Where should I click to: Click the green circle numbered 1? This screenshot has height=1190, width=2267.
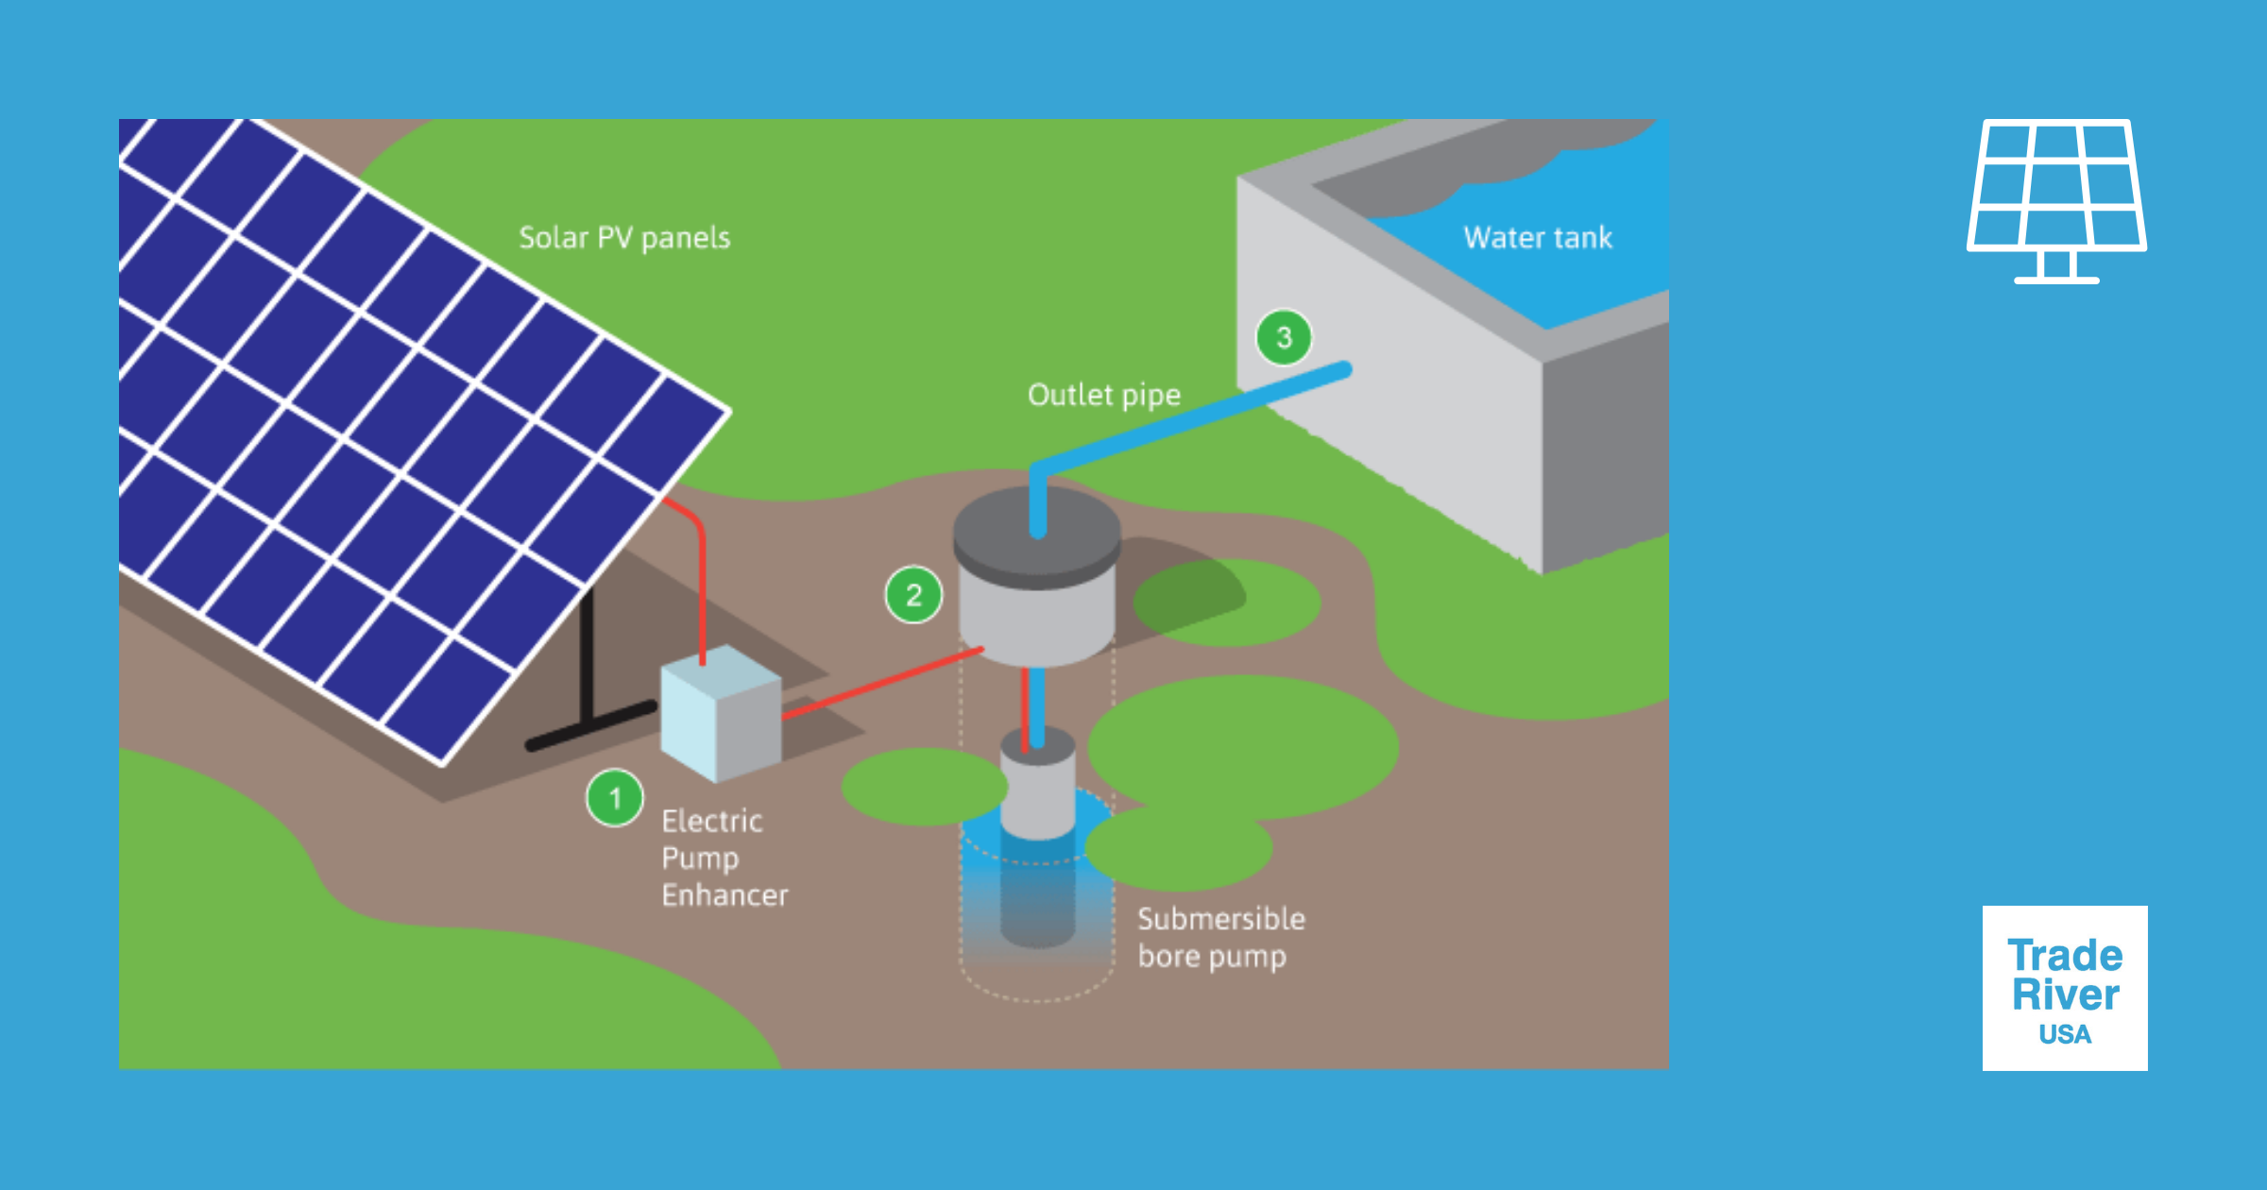[615, 798]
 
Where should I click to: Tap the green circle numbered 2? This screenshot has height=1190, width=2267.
[913, 595]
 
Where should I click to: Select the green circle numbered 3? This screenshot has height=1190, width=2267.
[1284, 337]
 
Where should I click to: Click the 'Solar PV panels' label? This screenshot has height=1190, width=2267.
[624, 237]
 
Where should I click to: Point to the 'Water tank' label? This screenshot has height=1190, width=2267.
[1538, 237]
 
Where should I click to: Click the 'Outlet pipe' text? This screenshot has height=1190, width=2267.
[1103, 394]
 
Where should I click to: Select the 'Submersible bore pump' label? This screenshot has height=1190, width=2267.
[1219, 937]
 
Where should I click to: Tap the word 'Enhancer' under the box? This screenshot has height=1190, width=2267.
[724, 894]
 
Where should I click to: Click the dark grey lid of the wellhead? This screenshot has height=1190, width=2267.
[1036, 534]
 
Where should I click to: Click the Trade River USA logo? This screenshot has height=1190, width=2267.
[2065, 988]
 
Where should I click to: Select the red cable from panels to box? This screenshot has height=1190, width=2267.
[702, 586]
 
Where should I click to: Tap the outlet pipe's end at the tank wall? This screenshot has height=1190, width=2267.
[1343, 369]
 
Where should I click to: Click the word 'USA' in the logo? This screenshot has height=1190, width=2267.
[2065, 1035]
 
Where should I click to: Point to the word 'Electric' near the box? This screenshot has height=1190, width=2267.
[711, 821]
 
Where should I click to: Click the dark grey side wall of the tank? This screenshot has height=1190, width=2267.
[1606, 444]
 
